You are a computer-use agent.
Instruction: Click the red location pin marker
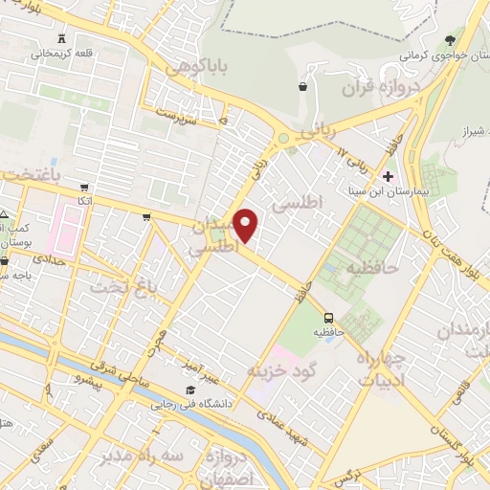(x=246, y=224)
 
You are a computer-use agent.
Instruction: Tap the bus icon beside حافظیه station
(x=328, y=317)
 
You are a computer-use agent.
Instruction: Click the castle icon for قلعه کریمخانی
(x=64, y=39)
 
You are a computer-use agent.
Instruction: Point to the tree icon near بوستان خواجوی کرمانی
(x=451, y=40)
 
